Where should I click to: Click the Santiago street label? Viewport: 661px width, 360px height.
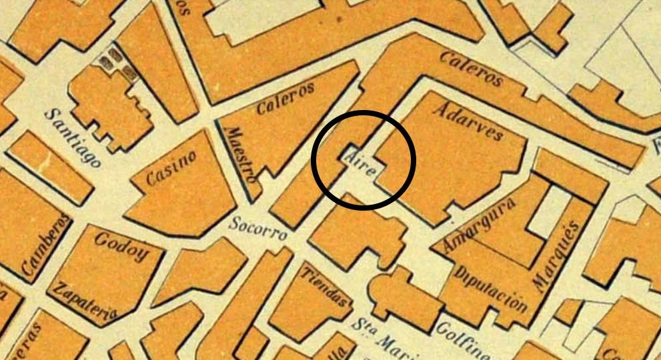click(x=74, y=137)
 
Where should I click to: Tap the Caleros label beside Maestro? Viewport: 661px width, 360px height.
click(x=285, y=98)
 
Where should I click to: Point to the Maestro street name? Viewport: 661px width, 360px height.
click(x=241, y=156)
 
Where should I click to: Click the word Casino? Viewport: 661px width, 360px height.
click(x=172, y=168)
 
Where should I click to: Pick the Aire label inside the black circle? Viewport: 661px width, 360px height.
click(x=360, y=164)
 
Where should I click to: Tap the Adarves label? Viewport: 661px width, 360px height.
click(x=468, y=121)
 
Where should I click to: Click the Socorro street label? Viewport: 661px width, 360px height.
click(x=257, y=228)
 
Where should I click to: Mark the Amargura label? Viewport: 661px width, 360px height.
click(x=483, y=224)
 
